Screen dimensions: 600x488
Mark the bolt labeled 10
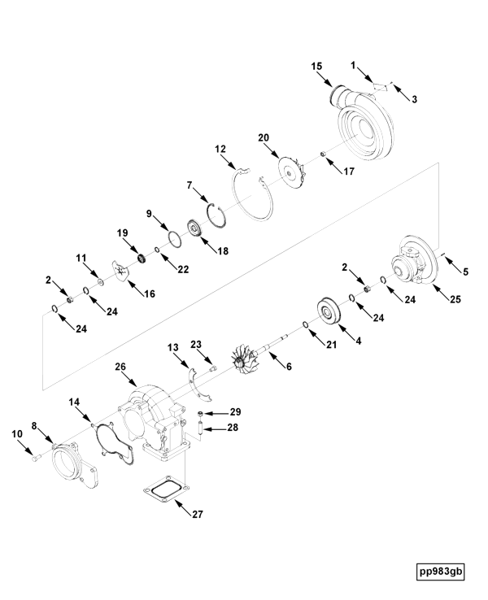(34, 459)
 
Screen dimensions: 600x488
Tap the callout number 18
(222, 252)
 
